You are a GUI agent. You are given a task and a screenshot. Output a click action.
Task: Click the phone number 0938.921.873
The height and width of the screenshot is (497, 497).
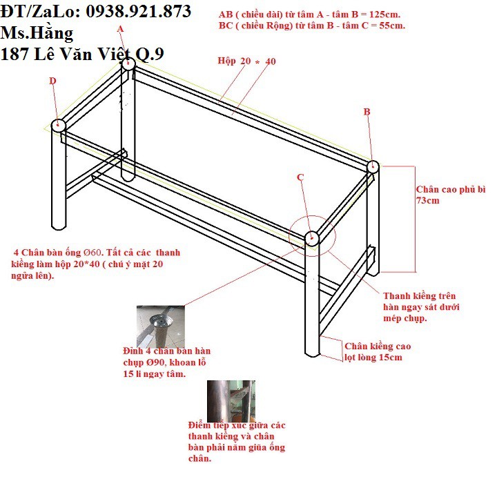click(139, 12)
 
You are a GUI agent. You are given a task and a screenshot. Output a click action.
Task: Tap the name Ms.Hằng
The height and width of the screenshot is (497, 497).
click(37, 33)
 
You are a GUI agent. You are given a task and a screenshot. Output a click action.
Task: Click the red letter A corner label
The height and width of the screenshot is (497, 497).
click(120, 29)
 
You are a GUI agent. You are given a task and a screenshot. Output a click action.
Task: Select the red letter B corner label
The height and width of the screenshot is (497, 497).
click(367, 112)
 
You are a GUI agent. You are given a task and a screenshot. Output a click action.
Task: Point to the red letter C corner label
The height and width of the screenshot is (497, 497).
click(300, 177)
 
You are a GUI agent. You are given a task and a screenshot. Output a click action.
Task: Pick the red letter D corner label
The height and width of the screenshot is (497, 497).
click(52, 81)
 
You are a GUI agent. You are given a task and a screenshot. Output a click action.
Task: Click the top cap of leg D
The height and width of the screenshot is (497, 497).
click(58, 125)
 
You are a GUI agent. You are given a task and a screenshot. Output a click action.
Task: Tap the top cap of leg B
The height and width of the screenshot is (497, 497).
click(373, 166)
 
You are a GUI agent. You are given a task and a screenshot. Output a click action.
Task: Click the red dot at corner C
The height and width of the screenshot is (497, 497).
click(312, 237)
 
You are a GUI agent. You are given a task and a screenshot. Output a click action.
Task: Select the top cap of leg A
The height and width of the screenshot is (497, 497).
click(128, 64)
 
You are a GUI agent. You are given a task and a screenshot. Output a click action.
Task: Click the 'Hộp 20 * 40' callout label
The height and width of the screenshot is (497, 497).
click(246, 61)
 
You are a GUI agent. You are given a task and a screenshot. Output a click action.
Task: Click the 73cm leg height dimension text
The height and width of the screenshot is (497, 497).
click(427, 201)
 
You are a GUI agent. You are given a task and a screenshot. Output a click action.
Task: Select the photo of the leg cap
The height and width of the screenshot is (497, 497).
click(160, 326)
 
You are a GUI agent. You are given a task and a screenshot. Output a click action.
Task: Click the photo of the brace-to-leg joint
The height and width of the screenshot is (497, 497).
click(231, 401)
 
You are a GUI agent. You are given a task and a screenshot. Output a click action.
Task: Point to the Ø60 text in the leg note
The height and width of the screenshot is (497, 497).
click(92, 253)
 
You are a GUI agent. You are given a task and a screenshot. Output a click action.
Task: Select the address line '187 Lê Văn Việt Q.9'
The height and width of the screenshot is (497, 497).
click(82, 54)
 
